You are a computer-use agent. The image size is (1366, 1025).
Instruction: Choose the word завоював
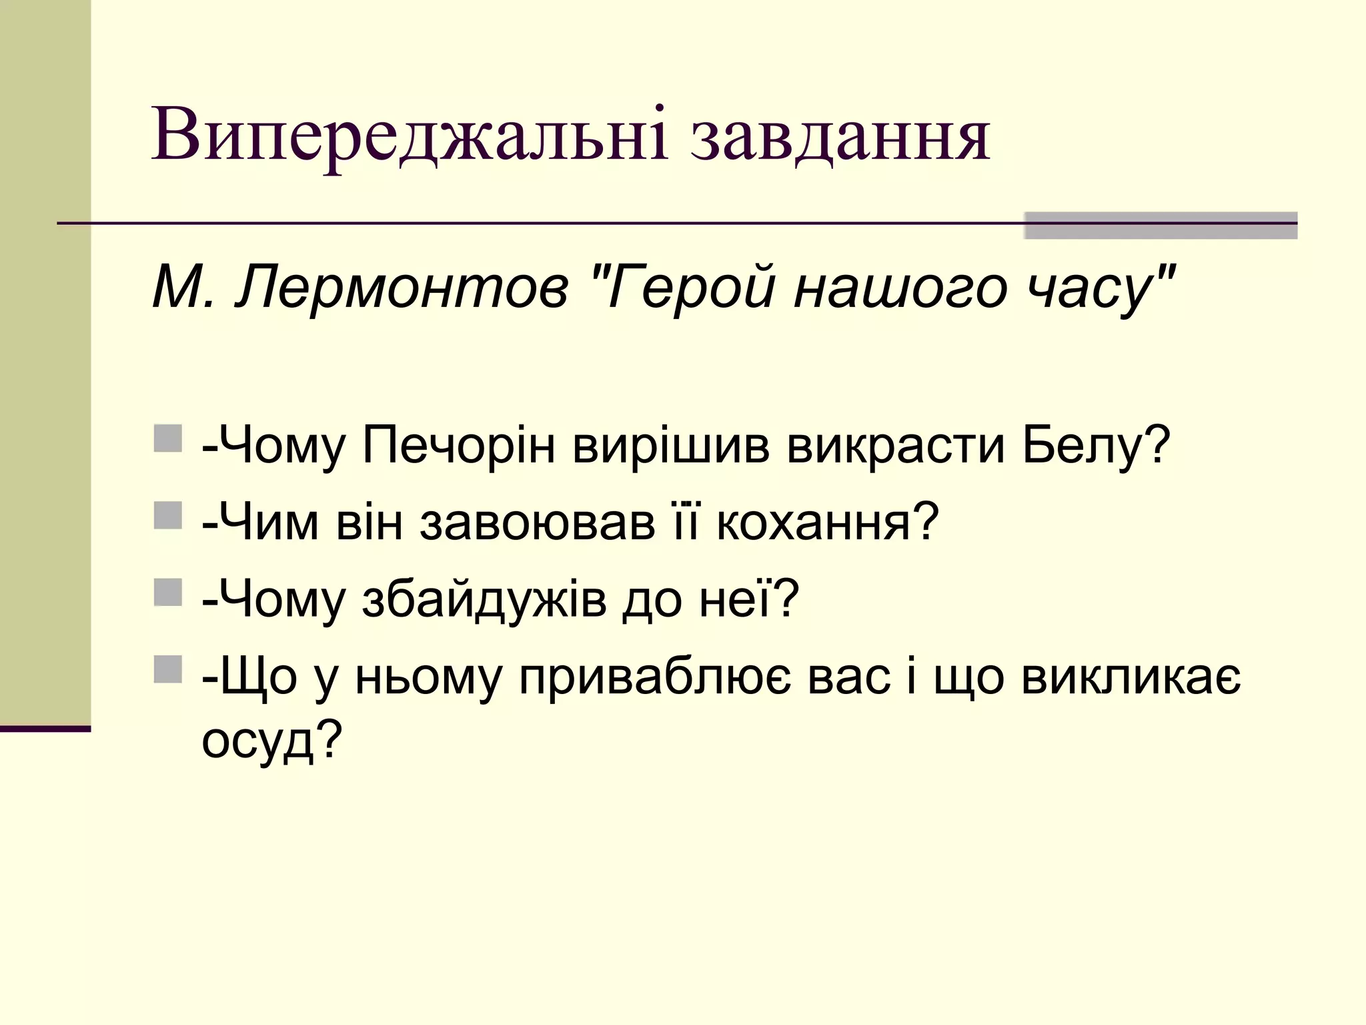pos(538,522)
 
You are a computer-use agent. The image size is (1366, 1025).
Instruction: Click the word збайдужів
pos(484,599)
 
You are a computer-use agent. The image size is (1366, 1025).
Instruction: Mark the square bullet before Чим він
pos(167,515)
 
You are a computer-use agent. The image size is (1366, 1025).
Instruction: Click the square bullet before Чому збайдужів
pos(167,592)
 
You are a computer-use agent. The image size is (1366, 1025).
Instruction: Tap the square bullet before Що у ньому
pos(167,669)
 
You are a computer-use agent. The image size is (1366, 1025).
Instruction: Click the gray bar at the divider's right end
pos(1161,225)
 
